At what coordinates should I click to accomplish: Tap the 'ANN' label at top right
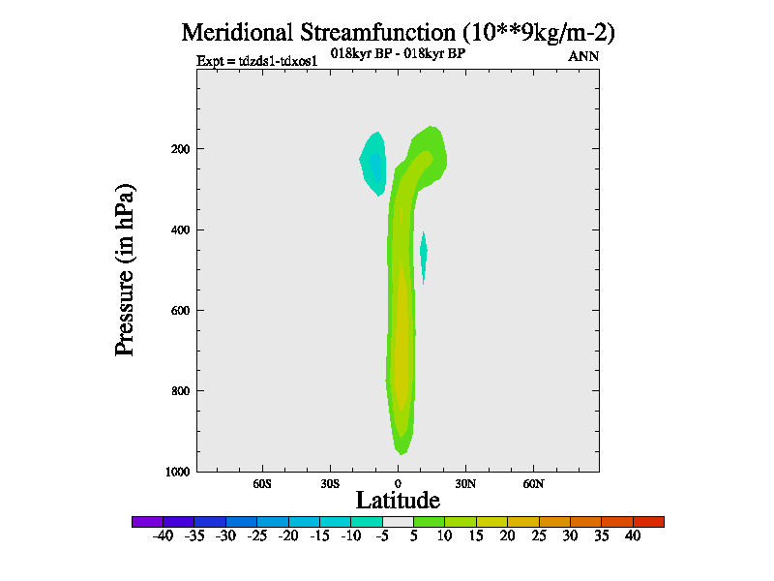tap(583, 56)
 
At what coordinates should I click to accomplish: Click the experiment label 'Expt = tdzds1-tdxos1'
tap(257, 60)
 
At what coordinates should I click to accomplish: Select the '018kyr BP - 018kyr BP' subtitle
tap(399, 53)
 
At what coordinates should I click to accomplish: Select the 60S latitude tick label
tap(262, 483)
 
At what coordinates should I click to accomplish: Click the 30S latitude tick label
tap(330, 483)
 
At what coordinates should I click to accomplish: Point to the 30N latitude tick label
tap(465, 483)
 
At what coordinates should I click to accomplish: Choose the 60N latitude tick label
tap(533, 483)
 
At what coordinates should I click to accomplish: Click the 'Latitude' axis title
tap(398, 501)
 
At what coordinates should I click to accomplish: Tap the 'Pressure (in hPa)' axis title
tap(125, 268)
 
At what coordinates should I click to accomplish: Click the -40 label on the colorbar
tap(163, 535)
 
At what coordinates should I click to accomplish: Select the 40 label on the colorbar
tap(633, 535)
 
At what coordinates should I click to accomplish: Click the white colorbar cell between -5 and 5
tap(398, 521)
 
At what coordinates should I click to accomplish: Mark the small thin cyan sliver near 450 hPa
tap(423, 254)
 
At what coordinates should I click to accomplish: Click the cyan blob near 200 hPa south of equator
tap(373, 163)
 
